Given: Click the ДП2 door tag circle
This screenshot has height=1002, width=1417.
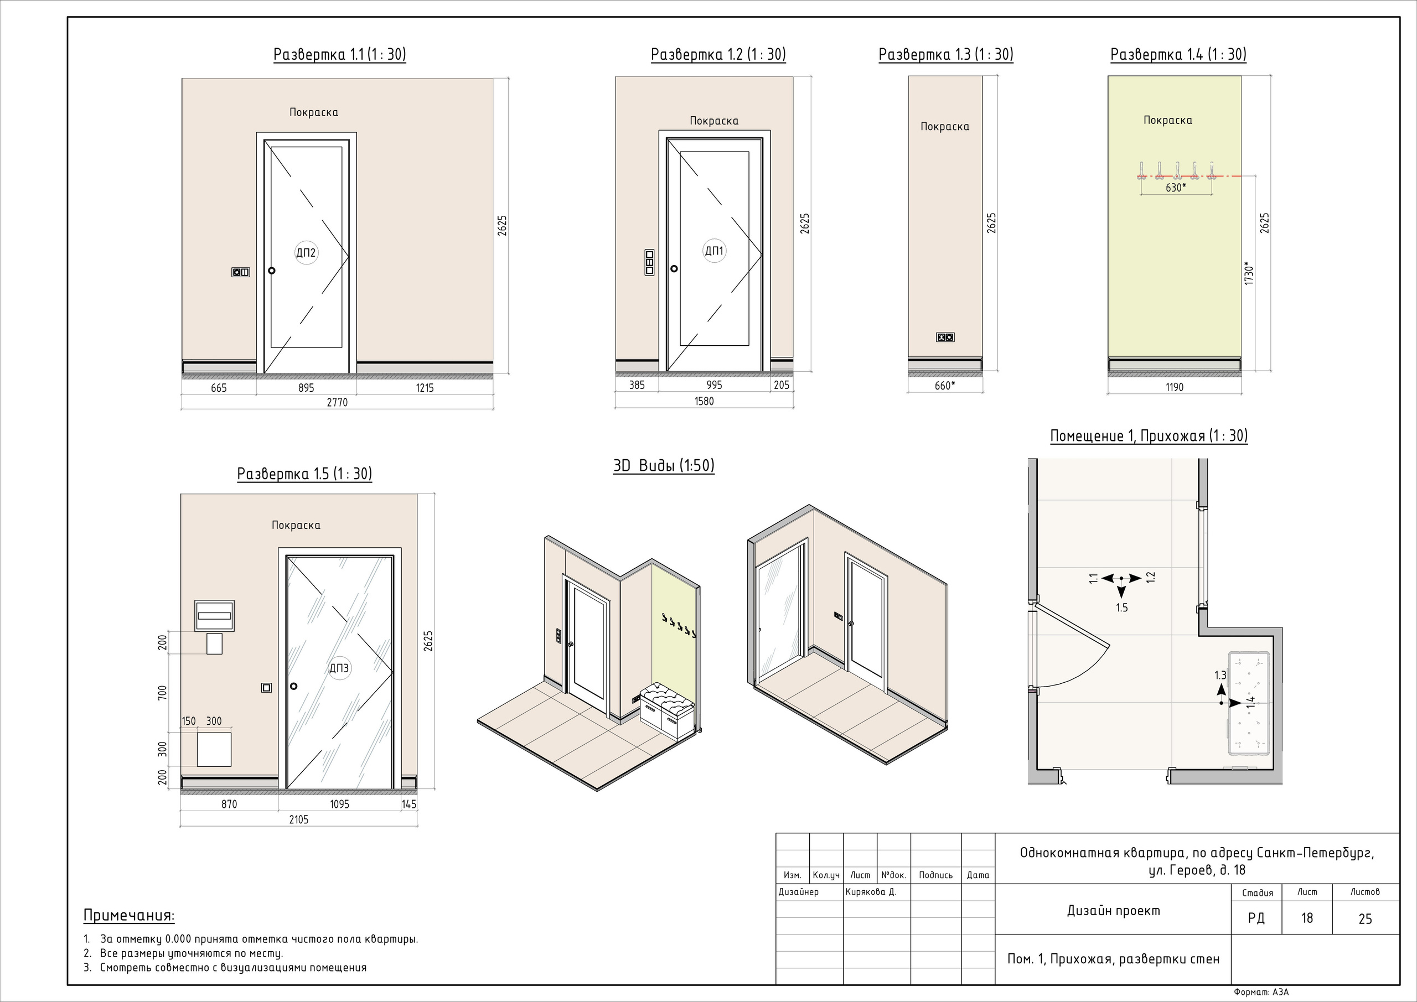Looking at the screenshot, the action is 306,252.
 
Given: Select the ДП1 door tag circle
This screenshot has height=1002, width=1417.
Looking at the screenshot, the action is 714,251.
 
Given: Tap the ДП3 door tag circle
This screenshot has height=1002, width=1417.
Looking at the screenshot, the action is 339,668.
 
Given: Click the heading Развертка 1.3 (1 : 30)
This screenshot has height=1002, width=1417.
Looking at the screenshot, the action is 945,55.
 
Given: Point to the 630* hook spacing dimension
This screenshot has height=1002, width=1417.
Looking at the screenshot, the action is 1175,188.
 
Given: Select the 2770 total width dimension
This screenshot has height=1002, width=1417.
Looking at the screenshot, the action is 337,402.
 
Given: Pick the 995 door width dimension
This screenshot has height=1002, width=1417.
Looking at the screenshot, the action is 714,385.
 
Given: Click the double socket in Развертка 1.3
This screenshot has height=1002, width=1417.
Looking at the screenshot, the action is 945,337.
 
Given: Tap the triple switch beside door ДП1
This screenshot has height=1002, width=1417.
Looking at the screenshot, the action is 649,262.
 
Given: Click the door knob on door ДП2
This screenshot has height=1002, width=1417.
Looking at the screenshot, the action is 272,270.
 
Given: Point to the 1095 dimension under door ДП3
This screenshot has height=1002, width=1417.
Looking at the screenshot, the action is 339,804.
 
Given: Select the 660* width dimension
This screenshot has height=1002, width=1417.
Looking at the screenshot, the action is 945,386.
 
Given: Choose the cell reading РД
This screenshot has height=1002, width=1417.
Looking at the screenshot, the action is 1256,918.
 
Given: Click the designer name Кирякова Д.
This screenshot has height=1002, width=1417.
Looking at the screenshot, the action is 871,891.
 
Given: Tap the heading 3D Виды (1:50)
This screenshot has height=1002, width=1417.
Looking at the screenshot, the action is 664,466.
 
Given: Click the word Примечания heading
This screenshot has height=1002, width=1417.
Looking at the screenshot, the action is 129,916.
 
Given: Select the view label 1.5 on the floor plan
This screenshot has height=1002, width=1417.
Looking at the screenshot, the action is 1121,608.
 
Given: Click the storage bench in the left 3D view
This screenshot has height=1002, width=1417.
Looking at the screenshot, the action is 667,711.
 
